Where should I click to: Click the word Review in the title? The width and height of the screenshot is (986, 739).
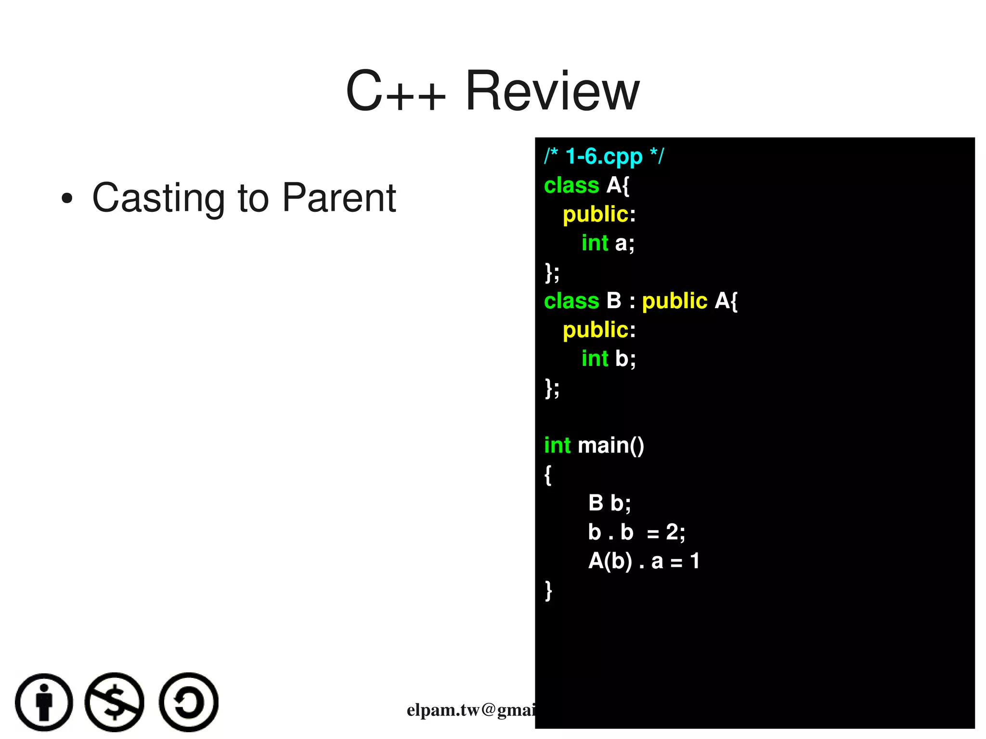coord(552,91)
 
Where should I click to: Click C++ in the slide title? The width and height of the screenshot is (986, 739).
coord(396,91)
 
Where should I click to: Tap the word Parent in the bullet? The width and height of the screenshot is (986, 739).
coord(338,198)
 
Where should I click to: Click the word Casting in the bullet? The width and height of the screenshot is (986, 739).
coord(158,199)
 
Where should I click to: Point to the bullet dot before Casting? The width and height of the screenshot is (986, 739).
coord(67,199)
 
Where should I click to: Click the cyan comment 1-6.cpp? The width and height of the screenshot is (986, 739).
coord(604,156)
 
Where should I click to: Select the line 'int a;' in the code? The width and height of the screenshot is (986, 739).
coord(608,243)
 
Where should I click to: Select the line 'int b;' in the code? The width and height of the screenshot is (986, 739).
coord(609,359)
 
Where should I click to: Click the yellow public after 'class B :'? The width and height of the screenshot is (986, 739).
coord(675,301)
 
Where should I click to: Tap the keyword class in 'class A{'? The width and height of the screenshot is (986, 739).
coord(571,185)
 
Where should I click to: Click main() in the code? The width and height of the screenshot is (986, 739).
coord(610,445)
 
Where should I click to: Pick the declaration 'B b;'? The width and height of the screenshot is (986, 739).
coord(609,503)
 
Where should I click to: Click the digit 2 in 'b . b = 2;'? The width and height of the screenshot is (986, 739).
coord(672,532)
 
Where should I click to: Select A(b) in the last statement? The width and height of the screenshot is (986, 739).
coord(610,561)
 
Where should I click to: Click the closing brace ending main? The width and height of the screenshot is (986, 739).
coord(548,590)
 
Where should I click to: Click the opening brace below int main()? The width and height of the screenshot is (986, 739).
coord(548,475)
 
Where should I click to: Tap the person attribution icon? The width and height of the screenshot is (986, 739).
coord(44,702)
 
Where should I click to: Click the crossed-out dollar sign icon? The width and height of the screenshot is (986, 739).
coord(115,702)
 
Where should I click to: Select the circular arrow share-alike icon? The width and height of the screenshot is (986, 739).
coord(189,702)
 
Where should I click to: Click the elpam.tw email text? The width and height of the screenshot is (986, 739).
coord(471,710)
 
